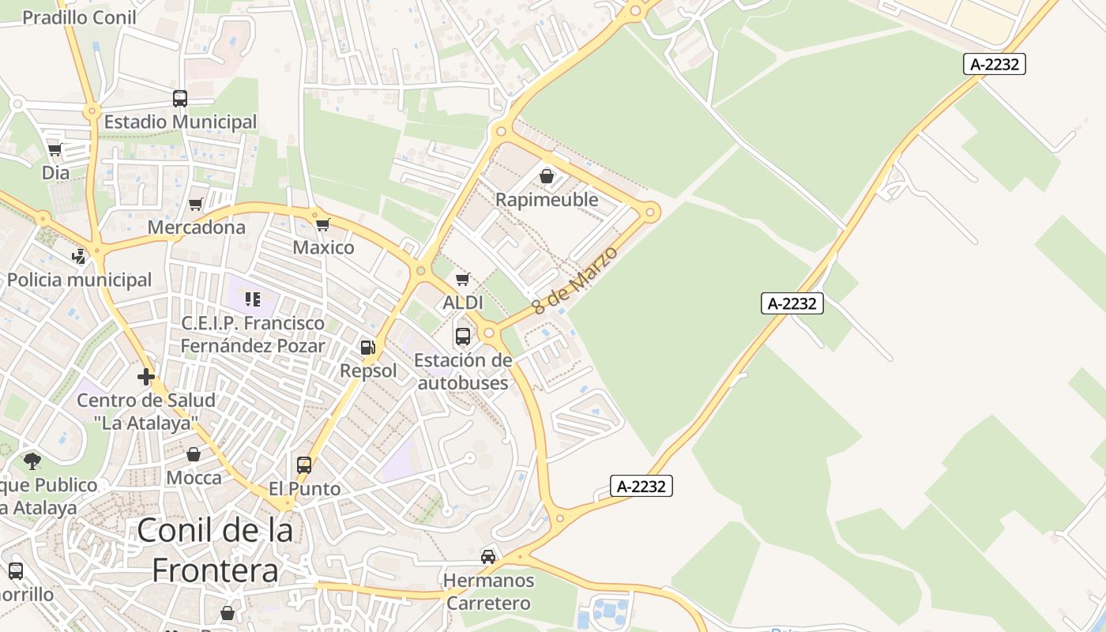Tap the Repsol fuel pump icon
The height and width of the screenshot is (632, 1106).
click(367, 347)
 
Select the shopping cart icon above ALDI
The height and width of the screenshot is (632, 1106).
click(463, 279)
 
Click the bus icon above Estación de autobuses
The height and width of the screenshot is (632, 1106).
click(463, 337)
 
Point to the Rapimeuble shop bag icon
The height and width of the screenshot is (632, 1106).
click(546, 176)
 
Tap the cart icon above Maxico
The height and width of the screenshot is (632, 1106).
click(322, 224)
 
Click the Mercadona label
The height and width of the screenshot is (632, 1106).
click(197, 228)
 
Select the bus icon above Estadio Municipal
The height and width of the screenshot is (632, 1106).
click(180, 99)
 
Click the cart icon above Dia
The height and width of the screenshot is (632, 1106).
click(55, 149)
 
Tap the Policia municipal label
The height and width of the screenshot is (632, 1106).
click(79, 280)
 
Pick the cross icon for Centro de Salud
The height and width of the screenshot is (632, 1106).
click(146, 377)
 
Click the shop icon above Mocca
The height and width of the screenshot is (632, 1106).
click(194, 454)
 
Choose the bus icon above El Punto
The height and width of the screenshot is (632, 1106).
click(304, 465)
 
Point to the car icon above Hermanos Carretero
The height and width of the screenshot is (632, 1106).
click(488, 557)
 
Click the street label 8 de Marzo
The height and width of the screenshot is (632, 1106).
click(575, 280)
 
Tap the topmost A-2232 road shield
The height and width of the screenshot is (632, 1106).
click(994, 64)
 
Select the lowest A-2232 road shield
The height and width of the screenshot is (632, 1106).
click(641, 487)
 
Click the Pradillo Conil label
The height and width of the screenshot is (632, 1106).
click(79, 17)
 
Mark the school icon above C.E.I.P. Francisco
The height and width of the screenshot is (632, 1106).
click(253, 299)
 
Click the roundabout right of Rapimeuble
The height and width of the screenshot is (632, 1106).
click(651, 211)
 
